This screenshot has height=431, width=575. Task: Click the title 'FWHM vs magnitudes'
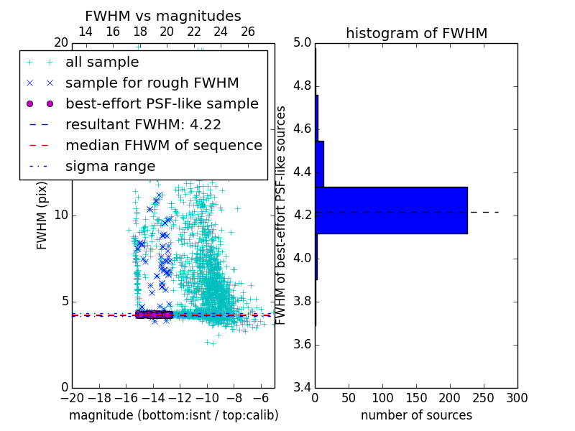click(x=163, y=16)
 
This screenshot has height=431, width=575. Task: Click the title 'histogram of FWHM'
click(x=416, y=33)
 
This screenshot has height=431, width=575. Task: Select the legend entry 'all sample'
click(x=102, y=62)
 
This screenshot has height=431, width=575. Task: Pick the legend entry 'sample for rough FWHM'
click(x=152, y=83)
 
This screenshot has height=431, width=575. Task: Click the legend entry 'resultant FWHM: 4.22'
click(x=143, y=124)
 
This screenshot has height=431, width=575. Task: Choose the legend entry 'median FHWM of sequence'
click(x=163, y=145)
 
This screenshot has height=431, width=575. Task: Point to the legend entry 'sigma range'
click(x=110, y=166)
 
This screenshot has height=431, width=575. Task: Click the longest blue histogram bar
click(x=391, y=210)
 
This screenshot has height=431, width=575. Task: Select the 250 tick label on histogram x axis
click(x=484, y=398)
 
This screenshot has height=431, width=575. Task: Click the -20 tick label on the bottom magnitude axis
click(x=72, y=398)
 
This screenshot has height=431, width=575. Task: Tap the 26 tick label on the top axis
click(x=248, y=32)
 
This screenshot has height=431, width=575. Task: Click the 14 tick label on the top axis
click(x=85, y=32)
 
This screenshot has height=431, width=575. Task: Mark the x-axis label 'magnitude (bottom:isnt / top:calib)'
click(x=173, y=415)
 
